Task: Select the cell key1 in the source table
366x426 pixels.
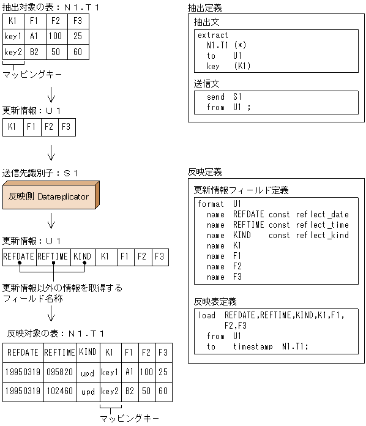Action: point(12,36)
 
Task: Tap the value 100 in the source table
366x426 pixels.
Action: point(55,36)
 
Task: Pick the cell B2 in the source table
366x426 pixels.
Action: point(34,53)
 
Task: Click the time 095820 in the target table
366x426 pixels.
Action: point(60,372)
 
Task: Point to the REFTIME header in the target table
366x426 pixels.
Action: point(60,353)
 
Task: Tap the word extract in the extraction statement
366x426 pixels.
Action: point(212,35)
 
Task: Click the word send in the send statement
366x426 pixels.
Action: point(215,97)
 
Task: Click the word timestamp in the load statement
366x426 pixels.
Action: point(252,346)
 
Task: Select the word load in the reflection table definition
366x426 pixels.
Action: point(207,315)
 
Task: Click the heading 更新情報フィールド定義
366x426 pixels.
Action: point(241,190)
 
